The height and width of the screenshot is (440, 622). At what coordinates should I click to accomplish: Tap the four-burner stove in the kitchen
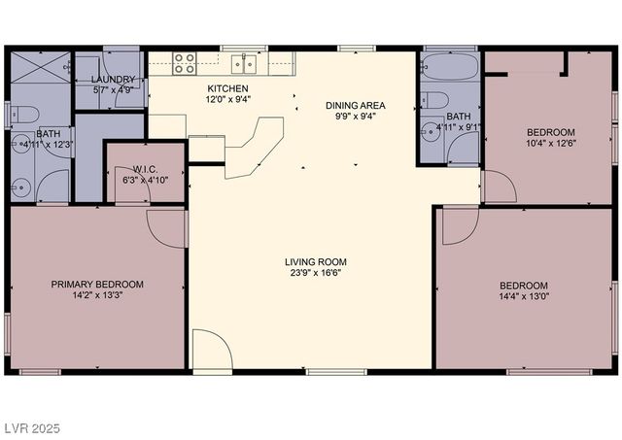coord(186,64)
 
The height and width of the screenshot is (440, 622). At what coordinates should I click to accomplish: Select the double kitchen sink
coord(244,64)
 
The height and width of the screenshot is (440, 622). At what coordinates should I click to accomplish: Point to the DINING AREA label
coord(356,104)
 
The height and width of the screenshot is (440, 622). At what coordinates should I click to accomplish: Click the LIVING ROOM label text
coord(315,261)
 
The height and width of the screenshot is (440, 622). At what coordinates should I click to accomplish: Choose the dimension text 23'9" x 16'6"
coord(315,272)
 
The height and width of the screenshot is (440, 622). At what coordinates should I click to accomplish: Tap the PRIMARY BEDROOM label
coord(97,285)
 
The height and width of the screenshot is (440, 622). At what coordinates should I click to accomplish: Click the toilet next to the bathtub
coord(435,100)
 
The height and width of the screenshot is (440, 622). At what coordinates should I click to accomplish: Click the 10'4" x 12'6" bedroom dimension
coord(551,144)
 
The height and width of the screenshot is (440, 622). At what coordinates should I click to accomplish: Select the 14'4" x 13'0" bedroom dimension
coord(523,296)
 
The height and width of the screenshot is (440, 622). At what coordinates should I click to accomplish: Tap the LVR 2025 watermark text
coord(31,427)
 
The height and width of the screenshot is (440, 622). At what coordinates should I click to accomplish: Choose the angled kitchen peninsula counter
coord(255,143)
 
